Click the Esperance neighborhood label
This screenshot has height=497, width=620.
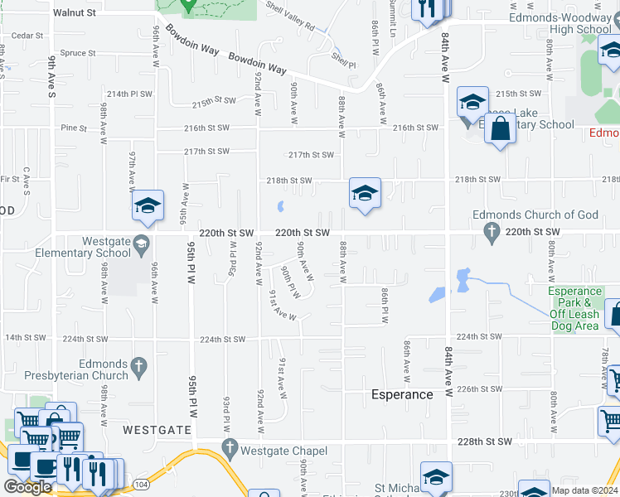(x=402, y=394)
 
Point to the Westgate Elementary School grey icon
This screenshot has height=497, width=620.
(x=142, y=243)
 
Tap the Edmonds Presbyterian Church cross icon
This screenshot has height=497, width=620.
(x=139, y=364)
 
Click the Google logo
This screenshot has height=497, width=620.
(x=27, y=487)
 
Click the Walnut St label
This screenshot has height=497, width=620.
(x=75, y=13)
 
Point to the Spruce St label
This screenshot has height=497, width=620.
(x=79, y=53)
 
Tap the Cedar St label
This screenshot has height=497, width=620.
(x=27, y=36)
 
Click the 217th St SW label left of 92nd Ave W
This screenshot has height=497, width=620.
(x=206, y=152)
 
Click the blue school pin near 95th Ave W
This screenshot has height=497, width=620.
(x=148, y=207)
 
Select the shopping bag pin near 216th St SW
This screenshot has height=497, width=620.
(x=500, y=130)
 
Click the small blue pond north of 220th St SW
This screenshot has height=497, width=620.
(x=280, y=205)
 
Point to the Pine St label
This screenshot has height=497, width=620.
(x=74, y=128)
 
